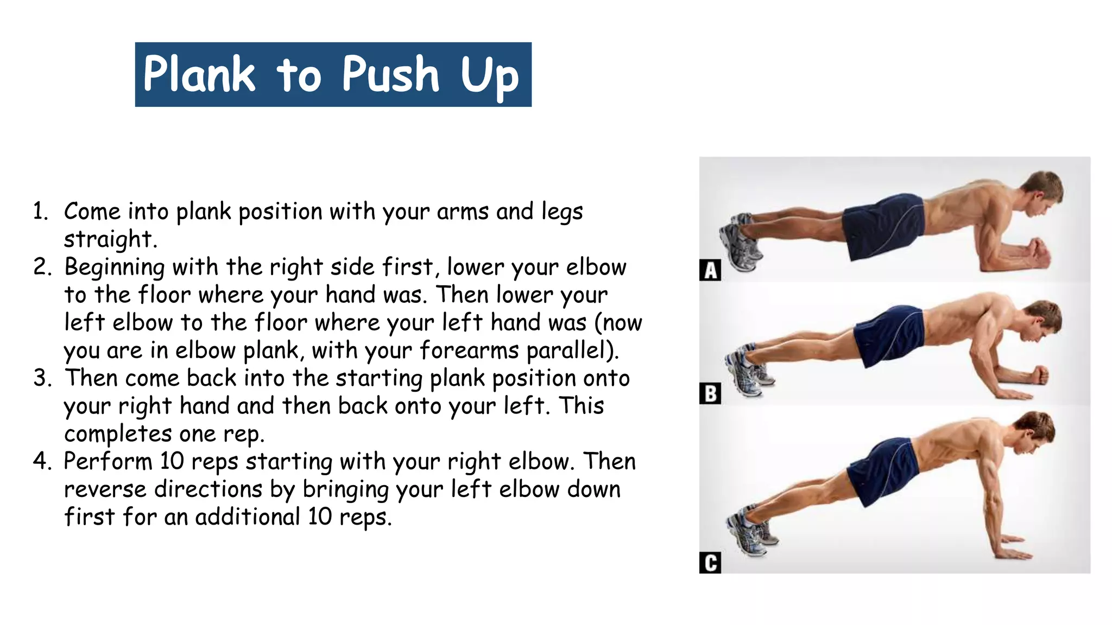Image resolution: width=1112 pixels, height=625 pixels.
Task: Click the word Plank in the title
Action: [199, 74]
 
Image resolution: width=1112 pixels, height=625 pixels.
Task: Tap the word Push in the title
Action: [390, 74]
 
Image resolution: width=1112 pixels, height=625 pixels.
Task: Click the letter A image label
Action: [710, 270]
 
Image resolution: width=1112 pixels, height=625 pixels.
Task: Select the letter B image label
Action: [710, 394]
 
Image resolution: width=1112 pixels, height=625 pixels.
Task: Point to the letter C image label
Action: [710, 563]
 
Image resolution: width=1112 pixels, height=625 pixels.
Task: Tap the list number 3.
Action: [41, 378]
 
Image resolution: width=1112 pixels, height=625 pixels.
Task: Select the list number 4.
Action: [41, 462]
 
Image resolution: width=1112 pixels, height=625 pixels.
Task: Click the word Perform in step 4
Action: [108, 462]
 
